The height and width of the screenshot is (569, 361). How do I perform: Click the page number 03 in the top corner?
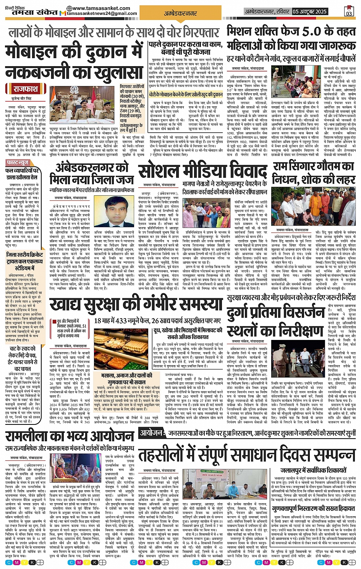tap(349, 12)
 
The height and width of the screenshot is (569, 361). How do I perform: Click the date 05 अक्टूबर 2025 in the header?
tap(310, 11)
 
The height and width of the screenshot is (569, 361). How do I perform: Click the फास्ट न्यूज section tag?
tap(18, 163)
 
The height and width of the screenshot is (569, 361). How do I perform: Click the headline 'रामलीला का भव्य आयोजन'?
tap(70, 436)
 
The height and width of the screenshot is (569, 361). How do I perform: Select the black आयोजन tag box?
tap(151, 433)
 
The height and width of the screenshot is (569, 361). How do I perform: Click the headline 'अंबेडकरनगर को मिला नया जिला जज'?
tap(92, 173)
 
